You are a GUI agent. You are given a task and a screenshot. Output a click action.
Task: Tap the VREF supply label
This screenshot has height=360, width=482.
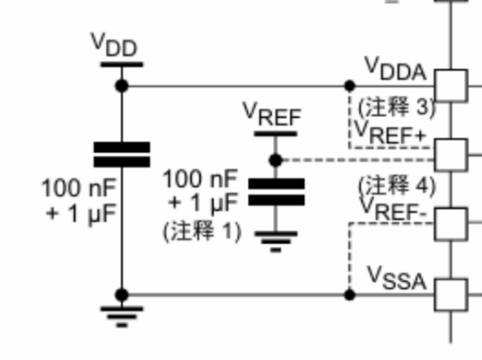[273, 115]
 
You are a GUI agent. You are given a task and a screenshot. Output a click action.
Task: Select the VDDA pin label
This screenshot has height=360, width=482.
[396, 69]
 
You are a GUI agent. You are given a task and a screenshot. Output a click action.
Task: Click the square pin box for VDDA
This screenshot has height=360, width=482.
[451, 86]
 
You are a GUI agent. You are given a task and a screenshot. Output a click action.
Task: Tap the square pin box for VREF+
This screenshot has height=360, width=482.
[451, 155]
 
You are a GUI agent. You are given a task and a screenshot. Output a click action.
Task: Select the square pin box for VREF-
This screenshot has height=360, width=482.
[451, 224]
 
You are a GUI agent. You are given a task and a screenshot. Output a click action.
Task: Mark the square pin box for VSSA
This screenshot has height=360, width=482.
[451, 294]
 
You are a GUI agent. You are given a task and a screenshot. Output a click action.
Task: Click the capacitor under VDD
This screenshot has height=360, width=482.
[122, 154]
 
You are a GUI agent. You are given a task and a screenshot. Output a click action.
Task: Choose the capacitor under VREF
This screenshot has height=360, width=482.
[276, 192]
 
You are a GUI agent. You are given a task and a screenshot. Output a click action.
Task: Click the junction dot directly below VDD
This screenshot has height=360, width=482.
[122, 86]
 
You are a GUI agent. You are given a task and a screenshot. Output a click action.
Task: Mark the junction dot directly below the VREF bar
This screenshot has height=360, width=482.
[276, 160]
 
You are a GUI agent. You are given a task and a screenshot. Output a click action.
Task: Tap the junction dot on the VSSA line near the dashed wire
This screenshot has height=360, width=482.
[350, 294]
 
